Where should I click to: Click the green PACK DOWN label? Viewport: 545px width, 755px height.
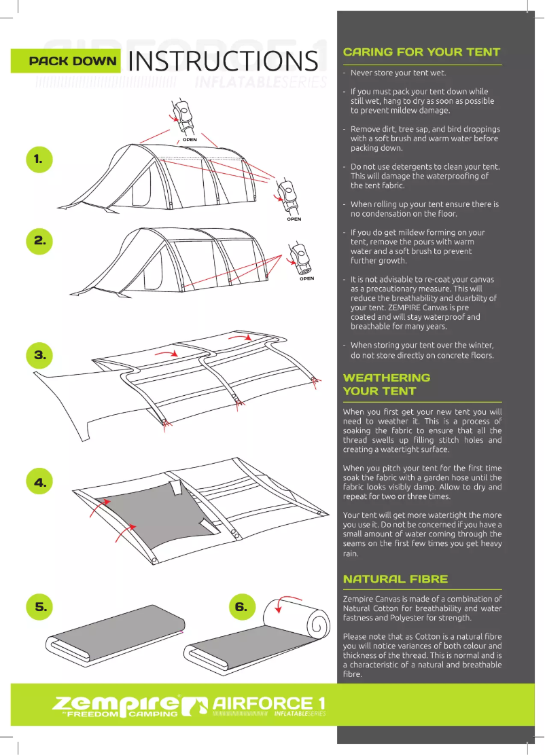(65, 61)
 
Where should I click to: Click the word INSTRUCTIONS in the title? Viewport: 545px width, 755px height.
(223, 62)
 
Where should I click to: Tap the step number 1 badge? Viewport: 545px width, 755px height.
(39, 159)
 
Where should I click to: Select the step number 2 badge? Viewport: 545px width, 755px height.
(39, 240)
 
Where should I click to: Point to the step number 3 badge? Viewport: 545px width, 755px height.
(39, 354)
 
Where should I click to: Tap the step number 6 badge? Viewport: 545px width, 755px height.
(241, 606)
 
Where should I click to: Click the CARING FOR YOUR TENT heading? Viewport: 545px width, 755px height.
(421, 52)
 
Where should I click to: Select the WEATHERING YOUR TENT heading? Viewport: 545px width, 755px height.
(387, 384)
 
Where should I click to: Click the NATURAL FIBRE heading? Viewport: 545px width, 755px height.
(395, 579)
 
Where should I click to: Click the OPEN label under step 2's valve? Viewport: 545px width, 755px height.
(306, 278)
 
